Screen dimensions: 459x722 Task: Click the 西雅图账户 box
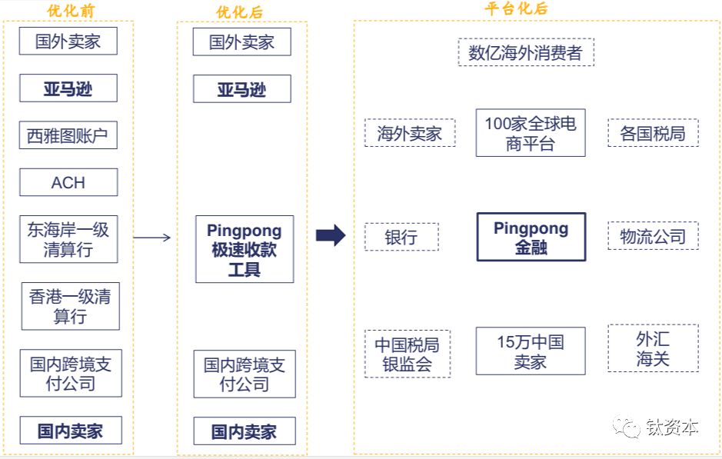point(68,136)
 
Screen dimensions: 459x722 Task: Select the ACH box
point(68,183)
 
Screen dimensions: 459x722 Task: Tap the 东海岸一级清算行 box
point(68,239)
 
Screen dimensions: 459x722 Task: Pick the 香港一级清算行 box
point(70,306)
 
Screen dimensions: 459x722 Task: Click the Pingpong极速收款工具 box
point(245,249)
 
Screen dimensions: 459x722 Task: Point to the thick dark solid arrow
point(331,236)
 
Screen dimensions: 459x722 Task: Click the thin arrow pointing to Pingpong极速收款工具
point(152,238)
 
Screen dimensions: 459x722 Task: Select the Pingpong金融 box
point(531,237)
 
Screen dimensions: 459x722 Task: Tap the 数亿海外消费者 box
point(525,53)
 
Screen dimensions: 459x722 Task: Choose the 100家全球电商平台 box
point(531,133)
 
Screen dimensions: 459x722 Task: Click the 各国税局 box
point(653,133)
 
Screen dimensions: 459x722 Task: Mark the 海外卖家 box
point(409,133)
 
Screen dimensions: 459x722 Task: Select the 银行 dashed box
point(401,237)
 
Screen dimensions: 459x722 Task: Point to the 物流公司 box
point(653,236)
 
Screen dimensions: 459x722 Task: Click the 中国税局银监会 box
point(407,354)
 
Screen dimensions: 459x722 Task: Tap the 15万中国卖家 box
point(531,351)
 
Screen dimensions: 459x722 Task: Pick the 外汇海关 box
point(653,348)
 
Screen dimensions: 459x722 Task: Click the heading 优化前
point(70,10)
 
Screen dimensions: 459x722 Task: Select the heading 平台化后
point(516,8)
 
